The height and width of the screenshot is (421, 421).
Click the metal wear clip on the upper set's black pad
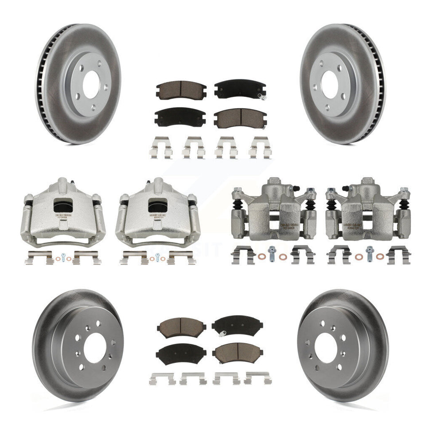click(x=263, y=97)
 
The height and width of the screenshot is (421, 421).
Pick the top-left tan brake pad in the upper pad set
click(x=176, y=89)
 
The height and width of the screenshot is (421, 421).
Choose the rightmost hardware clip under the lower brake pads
click(x=258, y=378)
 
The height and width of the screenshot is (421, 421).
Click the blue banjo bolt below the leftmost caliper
click(x=63, y=256)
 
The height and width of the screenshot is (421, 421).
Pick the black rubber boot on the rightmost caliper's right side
click(x=404, y=205)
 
